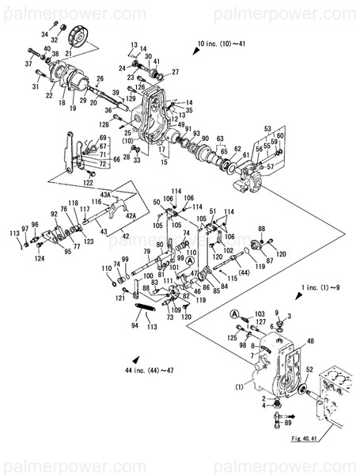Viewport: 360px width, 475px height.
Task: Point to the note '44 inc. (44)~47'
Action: coord(155,370)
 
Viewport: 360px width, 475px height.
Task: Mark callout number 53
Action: coord(267,128)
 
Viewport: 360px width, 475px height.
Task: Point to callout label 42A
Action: coord(131,215)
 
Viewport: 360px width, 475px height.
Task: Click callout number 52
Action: coord(309,369)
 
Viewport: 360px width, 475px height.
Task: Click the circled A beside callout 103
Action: coord(234,315)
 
